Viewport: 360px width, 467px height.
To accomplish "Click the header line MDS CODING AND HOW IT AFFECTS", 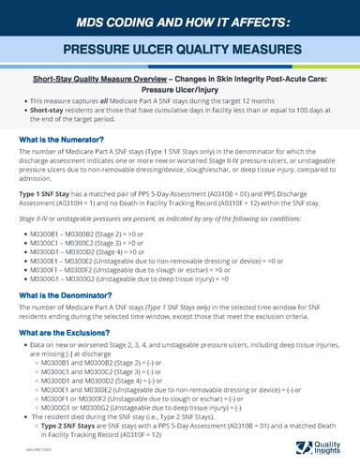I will (179, 19).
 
